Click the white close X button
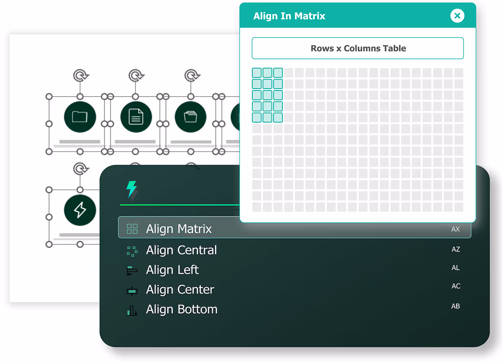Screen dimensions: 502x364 click(457, 16)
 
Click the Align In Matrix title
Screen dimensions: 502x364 click(289, 16)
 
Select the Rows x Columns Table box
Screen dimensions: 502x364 click(358, 48)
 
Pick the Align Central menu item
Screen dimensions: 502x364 click(181, 250)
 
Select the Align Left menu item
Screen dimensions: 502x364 click(172, 270)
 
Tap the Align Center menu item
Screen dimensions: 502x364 click(180, 290)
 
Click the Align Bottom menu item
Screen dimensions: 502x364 click(181, 309)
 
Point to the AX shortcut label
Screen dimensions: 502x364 click(455, 229)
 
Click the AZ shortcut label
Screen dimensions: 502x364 click(456, 249)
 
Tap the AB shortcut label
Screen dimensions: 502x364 click(455, 306)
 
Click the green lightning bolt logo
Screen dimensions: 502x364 click(132, 189)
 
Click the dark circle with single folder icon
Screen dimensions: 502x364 click(80, 117)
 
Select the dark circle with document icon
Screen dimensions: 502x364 click(136, 117)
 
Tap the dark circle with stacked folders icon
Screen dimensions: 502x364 click(191, 117)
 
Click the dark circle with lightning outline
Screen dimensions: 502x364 click(80, 210)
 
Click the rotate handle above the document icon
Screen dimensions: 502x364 click(136, 76)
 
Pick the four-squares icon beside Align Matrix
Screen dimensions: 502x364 click(132, 229)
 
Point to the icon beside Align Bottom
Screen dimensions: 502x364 click(132, 311)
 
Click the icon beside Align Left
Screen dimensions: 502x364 click(132, 270)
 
